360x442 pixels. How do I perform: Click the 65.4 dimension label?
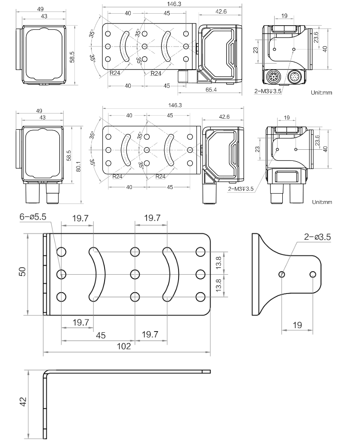[x=211, y=90]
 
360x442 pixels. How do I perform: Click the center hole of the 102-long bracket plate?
[x=135, y=273]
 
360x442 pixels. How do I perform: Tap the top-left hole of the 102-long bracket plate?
[x=61, y=251]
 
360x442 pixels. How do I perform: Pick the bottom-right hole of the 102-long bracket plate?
[x=199, y=296]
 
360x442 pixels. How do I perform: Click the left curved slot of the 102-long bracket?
[x=98, y=273]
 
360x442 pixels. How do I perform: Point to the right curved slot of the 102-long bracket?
[x=171, y=273]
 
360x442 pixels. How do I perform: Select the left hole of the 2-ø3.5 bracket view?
[x=282, y=274]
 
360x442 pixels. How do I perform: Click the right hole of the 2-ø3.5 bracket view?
[x=313, y=274]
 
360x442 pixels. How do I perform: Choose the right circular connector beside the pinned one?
[x=295, y=77]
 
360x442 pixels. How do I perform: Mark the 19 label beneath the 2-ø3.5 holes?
[x=297, y=325]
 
